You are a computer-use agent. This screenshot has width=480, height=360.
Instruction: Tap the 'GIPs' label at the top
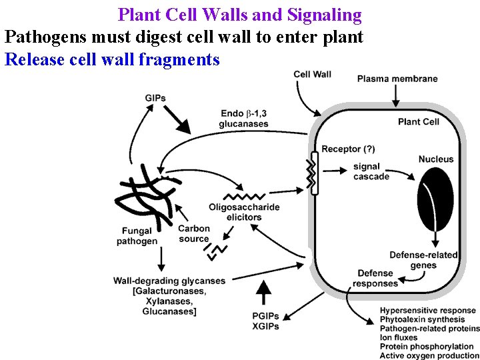(155, 99)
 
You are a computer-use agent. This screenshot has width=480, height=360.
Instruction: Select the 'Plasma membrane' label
(397, 79)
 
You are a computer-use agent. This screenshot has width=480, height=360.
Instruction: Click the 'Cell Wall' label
(312, 74)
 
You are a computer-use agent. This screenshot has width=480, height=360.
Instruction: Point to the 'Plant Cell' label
(418, 121)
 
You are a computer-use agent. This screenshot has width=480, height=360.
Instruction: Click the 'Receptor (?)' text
(350, 149)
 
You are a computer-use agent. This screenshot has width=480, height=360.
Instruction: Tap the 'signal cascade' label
(371, 171)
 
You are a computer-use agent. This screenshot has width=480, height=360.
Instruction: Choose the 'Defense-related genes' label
(423, 260)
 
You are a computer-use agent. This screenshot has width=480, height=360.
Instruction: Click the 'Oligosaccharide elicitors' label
(244, 212)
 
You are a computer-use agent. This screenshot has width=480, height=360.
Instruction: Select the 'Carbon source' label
(194, 233)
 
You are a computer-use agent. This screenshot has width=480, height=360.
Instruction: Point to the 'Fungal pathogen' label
(137, 236)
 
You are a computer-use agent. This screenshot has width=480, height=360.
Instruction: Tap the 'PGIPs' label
(265, 316)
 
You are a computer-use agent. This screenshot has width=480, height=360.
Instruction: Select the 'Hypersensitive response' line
(427, 310)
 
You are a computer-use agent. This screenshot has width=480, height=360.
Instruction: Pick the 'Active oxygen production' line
(429, 355)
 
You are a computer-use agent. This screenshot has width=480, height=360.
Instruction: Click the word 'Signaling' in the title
(323, 15)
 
